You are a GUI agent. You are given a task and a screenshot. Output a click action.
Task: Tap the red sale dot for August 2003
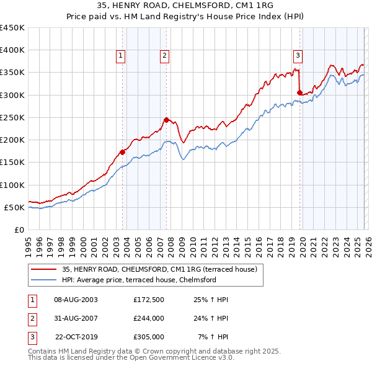click(x=122, y=152)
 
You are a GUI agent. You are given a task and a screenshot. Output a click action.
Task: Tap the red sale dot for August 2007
click(x=166, y=120)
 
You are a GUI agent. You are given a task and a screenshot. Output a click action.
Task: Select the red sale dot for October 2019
click(x=299, y=93)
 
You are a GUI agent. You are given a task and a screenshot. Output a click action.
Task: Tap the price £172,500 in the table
click(x=148, y=300)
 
